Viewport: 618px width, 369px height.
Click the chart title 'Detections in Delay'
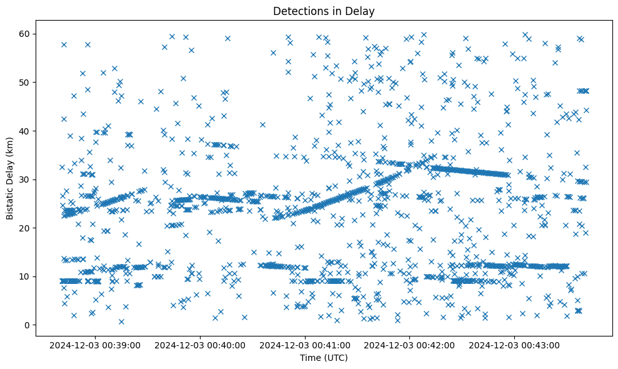(x=324, y=11)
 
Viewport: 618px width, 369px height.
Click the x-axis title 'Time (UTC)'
(x=324, y=358)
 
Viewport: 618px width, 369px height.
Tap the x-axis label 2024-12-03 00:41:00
(x=306, y=345)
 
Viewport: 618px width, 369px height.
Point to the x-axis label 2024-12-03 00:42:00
(x=410, y=345)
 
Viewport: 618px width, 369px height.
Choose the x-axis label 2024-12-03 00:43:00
(x=514, y=345)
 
